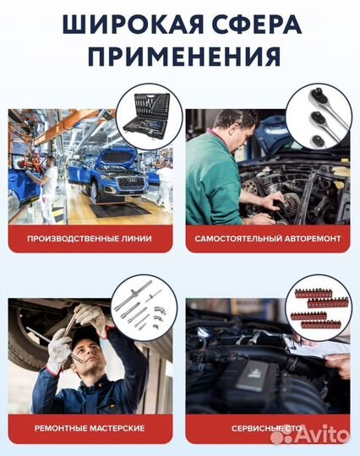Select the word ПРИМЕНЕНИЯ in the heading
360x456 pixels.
[x=180, y=57]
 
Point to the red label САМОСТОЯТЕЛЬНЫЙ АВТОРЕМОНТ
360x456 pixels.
[x=268, y=239]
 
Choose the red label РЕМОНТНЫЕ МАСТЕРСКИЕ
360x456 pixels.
[x=90, y=429]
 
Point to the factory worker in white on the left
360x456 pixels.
[x=48, y=182]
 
